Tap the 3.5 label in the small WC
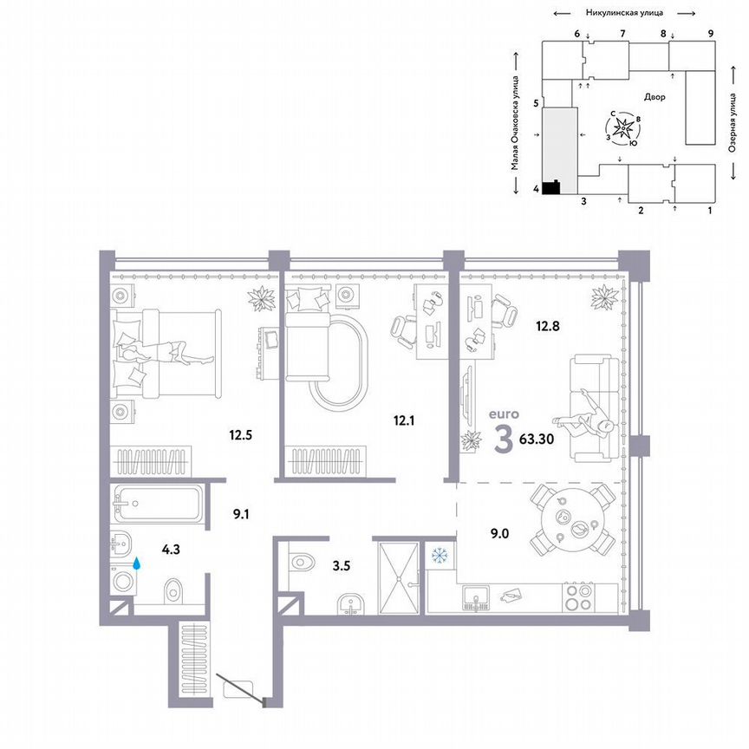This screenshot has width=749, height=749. coord(341,568)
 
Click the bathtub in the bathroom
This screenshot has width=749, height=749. coord(158,502)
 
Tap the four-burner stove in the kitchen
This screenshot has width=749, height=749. coord(578,597)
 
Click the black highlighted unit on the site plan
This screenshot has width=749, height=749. coord(550,187)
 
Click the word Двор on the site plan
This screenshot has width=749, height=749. coord(655,97)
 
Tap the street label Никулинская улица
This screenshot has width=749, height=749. coord(624,13)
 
